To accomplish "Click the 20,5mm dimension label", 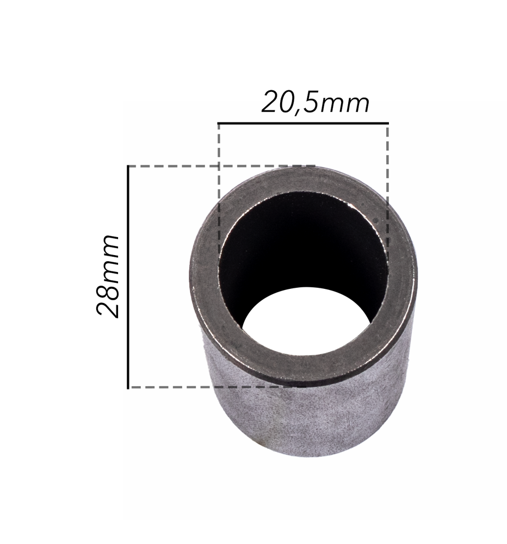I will [316, 103].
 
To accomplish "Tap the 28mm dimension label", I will [108, 276].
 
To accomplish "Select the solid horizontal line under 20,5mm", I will [303, 123].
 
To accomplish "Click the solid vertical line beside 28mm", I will [128, 276].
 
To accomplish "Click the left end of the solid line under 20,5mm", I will [219, 123].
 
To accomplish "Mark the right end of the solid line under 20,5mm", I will [388, 123].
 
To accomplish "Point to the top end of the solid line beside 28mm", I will [128, 166].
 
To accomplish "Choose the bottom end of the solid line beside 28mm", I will [128, 387].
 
